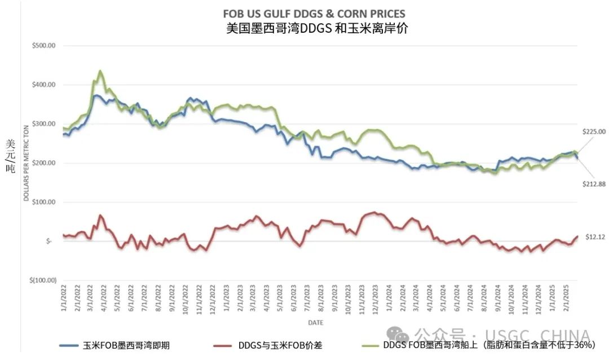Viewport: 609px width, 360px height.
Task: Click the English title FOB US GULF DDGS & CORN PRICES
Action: click(x=314, y=14)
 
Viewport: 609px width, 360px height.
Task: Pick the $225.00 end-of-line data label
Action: click(x=593, y=132)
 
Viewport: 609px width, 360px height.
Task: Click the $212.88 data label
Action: click(x=593, y=184)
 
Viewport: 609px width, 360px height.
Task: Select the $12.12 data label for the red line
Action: click(x=595, y=237)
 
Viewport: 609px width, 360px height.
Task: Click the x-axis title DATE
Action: click(x=315, y=323)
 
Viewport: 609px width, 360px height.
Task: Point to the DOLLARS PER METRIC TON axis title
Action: click(x=26, y=163)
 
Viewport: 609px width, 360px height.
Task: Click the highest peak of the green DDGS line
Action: click(x=100, y=71)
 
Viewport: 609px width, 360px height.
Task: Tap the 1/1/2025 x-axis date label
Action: click(x=552, y=299)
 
